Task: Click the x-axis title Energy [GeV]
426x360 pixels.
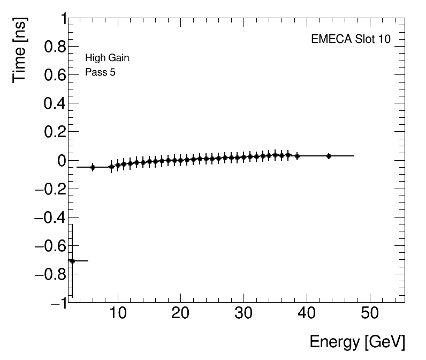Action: pyautogui.click(x=357, y=342)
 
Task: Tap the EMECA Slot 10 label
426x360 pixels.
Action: pyautogui.click(x=351, y=40)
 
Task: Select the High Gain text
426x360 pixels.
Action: pyautogui.click(x=107, y=58)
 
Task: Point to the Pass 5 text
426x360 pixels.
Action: pyautogui.click(x=100, y=72)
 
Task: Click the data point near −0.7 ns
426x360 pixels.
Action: pyautogui.click(x=72, y=261)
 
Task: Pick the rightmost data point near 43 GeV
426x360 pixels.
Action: pyautogui.click(x=329, y=156)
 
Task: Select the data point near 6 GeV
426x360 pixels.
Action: pyautogui.click(x=93, y=167)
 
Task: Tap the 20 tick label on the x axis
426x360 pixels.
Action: pyautogui.click(x=181, y=313)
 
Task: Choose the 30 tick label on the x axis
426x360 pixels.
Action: pyautogui.click(x=244, y=313)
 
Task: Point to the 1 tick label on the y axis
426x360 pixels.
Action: pyautogui.click(x=60, y=19)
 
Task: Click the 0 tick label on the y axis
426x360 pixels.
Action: pyautogui.click(x=60, y=161)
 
